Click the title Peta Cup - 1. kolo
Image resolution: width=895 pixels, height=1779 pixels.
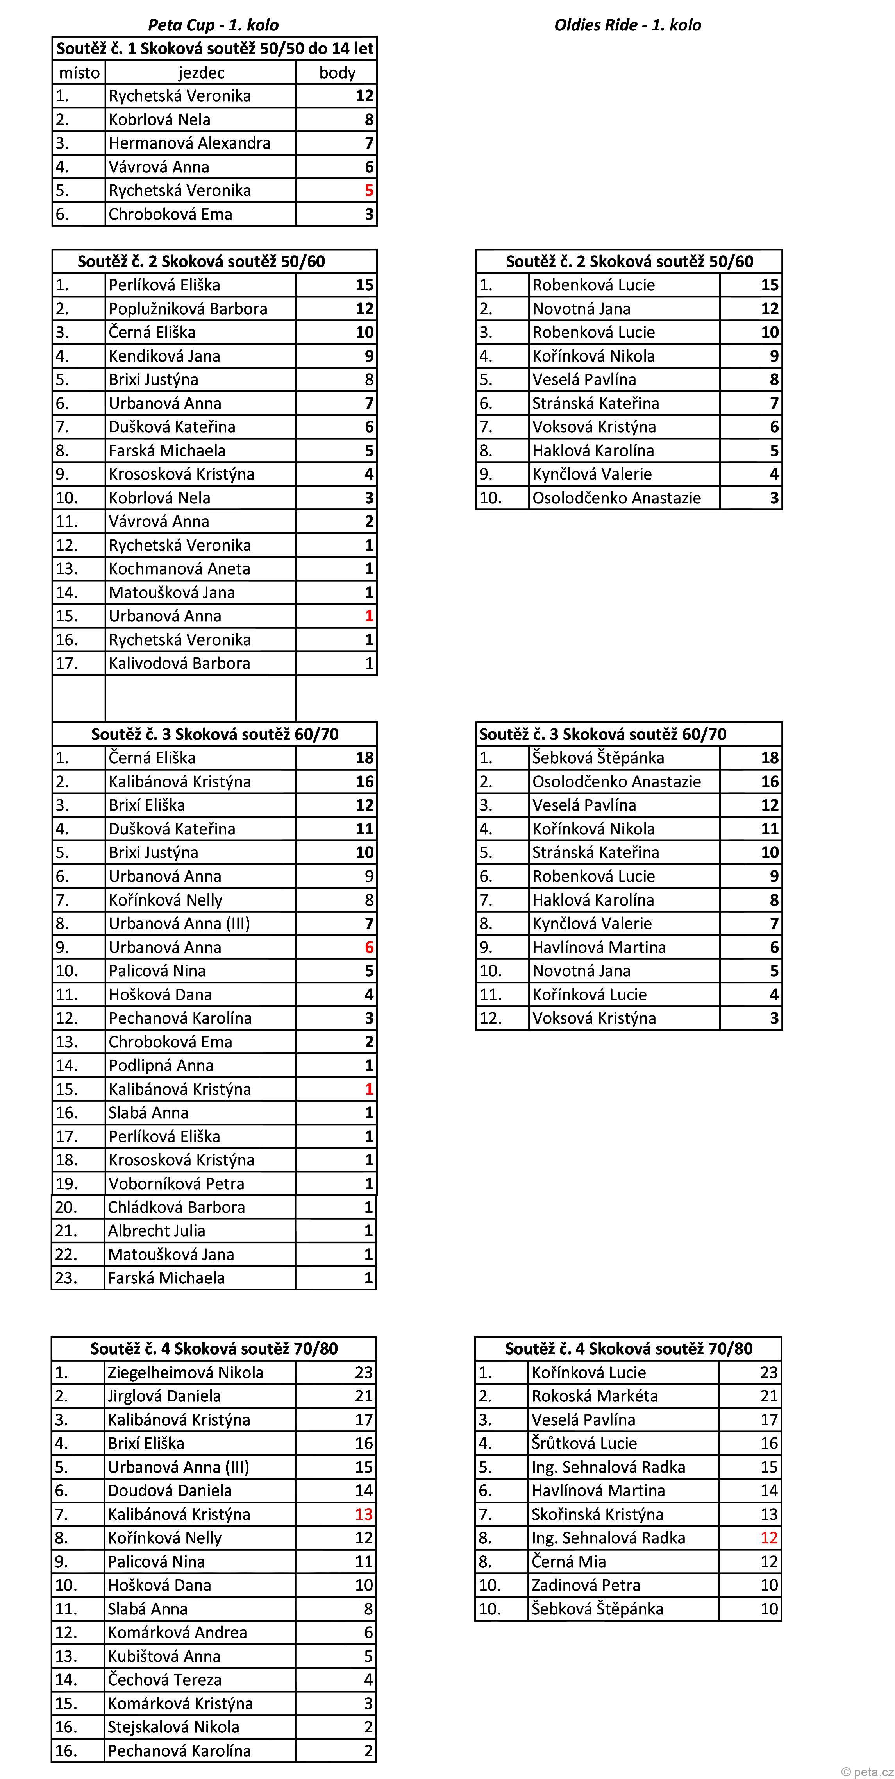tap(213, 25)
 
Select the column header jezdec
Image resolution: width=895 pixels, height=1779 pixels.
tap(201, 73)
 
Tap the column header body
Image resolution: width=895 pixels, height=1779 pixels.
tap(337, 73)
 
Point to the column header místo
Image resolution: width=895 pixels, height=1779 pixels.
tap(79, 73)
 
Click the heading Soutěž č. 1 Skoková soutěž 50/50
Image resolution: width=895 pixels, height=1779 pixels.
tap(215, 48)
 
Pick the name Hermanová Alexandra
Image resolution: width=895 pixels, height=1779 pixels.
tap(189, 143)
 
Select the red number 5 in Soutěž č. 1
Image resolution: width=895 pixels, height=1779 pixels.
tap(369, 191)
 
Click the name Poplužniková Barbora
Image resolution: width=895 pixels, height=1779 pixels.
tap(188, 309)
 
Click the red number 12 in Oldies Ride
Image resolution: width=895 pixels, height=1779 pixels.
tap(769, 1537)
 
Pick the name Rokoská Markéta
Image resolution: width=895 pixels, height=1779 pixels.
tap(595, 1396)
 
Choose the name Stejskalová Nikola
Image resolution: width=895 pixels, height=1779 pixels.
tap(173, 1727)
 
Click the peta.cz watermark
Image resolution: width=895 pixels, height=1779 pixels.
tap(867, 1772)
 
